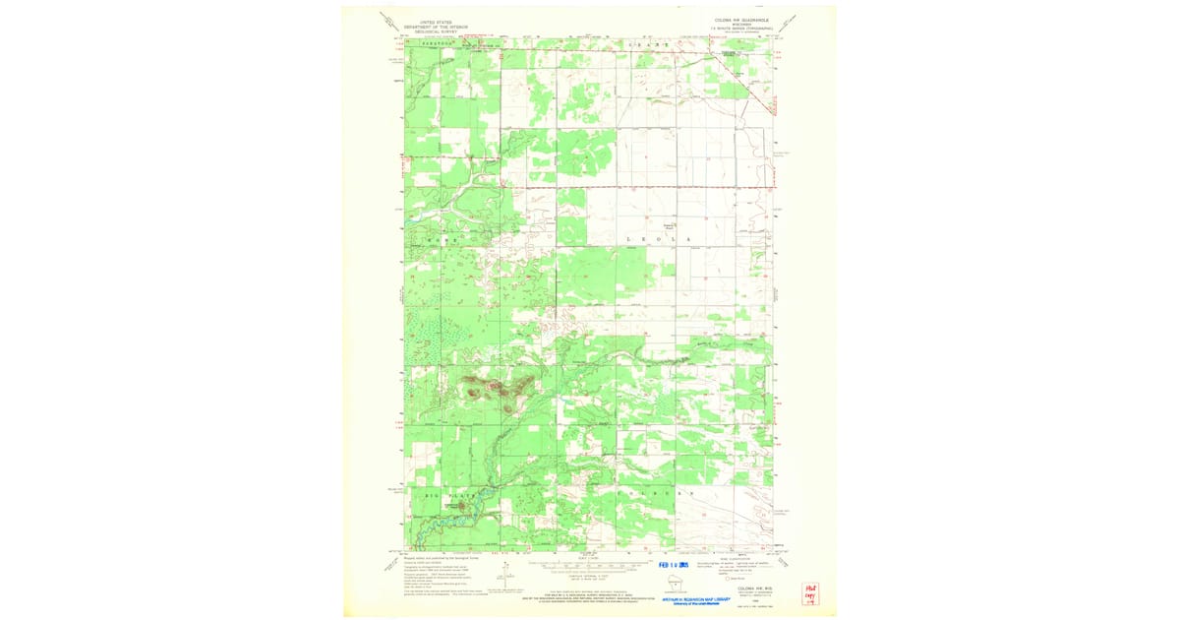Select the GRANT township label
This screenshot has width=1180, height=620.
click(x=650, y=44)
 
